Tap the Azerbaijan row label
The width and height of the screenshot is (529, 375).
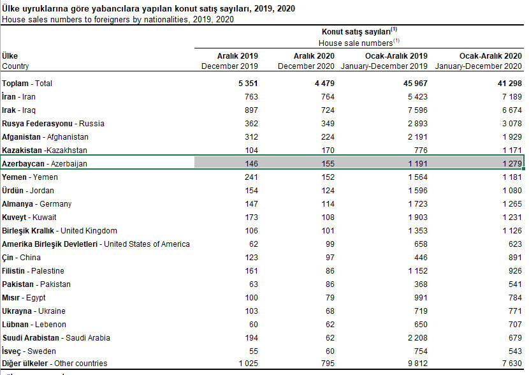(45, 164)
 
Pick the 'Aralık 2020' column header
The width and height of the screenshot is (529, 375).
(312, 56)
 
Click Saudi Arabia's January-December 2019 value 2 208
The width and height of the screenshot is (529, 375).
(414, 338)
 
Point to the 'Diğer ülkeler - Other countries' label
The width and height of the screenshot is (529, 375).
(55, 364)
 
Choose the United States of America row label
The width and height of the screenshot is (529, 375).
(96, 244)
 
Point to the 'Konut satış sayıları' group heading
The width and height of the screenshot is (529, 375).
(359, 30)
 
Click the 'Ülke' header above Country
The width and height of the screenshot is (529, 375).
(10, 56)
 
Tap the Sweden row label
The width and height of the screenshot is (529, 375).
(29, 351)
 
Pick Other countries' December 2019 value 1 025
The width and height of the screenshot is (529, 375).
(247, 364)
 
